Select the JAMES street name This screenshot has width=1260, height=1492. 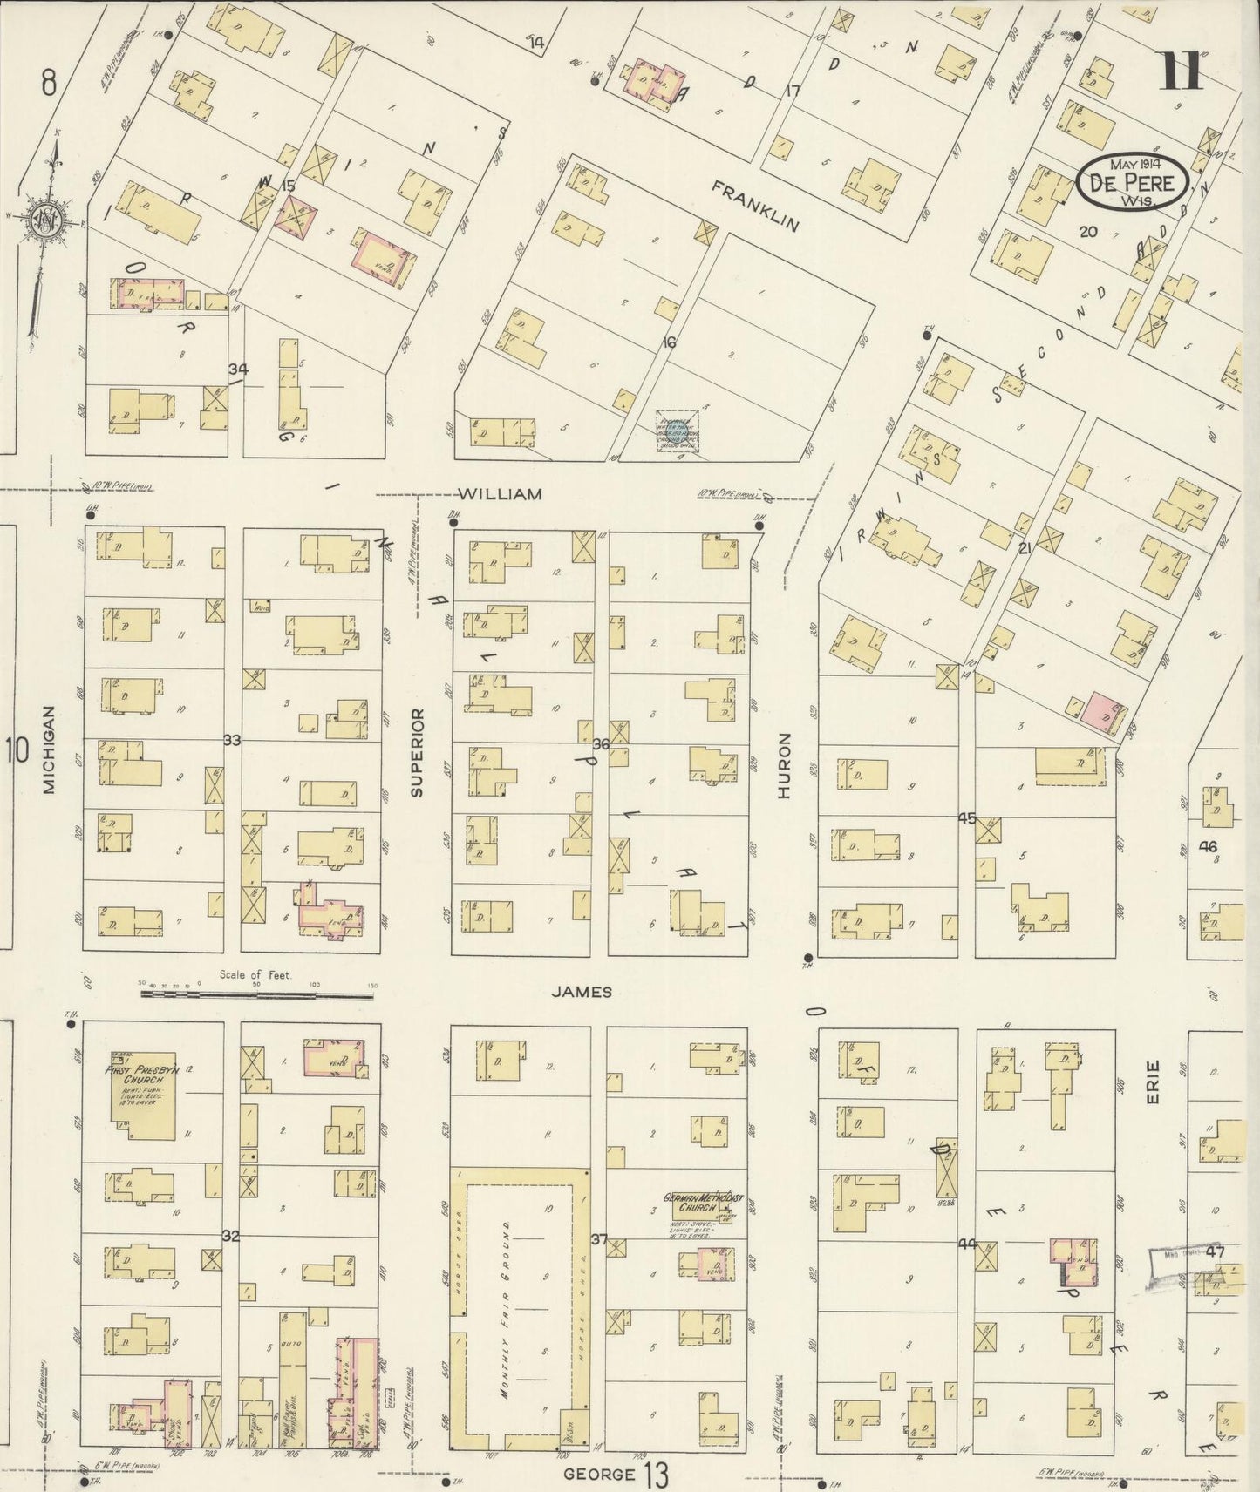pyautogui.click(x=582, y=992)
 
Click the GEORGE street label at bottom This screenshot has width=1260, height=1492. pyautogui.click(x=599, y=1475)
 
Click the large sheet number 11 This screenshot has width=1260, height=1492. pyautogui.click(x=1181, y=72)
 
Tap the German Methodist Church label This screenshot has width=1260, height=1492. pyautogui.click(x=703, y=1204)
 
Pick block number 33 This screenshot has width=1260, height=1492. pyautogui.click(x=232, y=741)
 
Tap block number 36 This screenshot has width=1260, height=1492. pyautogui.click(x=600, y=744)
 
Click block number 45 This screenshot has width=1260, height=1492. pyautogui.click(x=967, y=818)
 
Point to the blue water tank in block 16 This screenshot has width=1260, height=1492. pyautogui.click(x=676, y=431)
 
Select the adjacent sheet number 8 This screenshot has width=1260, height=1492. pyautogui.click(x=49, y=84)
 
